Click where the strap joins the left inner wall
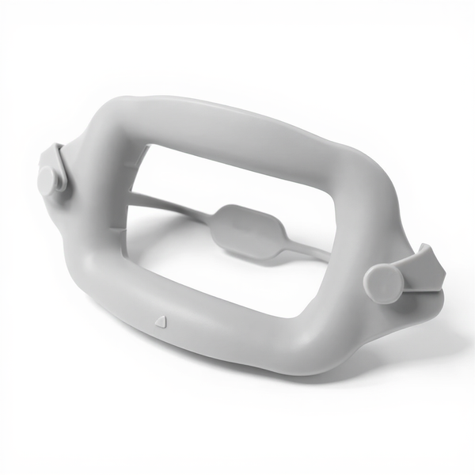click(x=131, y=195)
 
